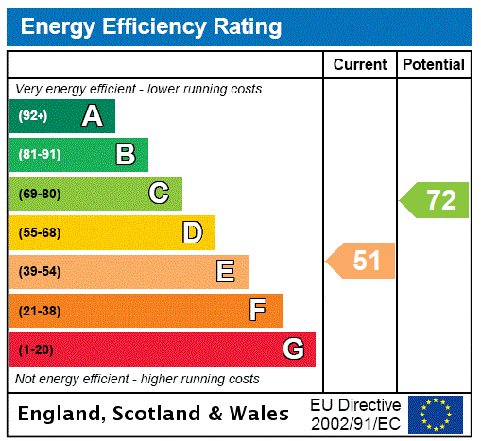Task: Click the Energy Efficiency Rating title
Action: [x=151, y=26]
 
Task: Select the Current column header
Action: [x=360, y=64]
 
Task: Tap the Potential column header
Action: [x=434, y=64]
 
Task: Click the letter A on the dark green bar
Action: [x=92, y=116]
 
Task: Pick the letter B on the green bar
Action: [x=125, y=155]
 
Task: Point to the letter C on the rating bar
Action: [x=159, y=194]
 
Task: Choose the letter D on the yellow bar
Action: [x=192, y=232]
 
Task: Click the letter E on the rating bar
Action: [x=226, y=272]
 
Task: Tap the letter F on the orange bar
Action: [x=258, y=311]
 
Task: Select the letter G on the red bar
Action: [x=293, y=349]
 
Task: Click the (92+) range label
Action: [x=32, y=116]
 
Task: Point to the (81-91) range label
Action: [x=39, y=155]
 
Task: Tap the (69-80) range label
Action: [x=39, y=194]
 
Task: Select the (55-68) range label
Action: [x=39, y=232]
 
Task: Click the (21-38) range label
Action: [x=39, y=311]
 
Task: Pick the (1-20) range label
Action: [x=36, y=349]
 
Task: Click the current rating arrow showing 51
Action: [x=361, y=261]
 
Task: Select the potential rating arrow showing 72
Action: [x=435, y=200]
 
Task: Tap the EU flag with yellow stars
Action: [x=436, y=414]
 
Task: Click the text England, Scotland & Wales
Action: [x=154, y=414]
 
